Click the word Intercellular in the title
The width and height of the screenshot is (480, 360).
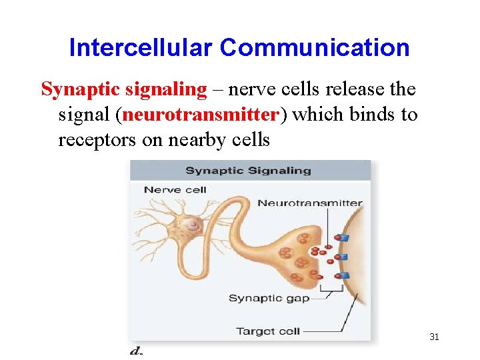tap(140, 48)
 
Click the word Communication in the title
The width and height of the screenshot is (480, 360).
tap(315, 48)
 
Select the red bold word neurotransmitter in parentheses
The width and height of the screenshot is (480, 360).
tap(200, 115)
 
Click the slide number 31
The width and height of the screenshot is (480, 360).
tap(434, 337)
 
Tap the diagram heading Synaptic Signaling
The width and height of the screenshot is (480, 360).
tap(248, 171)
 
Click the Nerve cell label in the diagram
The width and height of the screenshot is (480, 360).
tap(175, 190)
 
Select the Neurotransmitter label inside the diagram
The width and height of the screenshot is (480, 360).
tap(309, 203)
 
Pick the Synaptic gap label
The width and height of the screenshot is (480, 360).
tap(269, 298)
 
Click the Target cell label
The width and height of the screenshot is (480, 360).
tap(268, 331)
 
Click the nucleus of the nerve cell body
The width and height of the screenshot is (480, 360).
tap(193, 225)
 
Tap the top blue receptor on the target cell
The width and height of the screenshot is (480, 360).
tap(343, 237)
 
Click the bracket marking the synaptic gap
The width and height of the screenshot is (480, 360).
tap(331, 289)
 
